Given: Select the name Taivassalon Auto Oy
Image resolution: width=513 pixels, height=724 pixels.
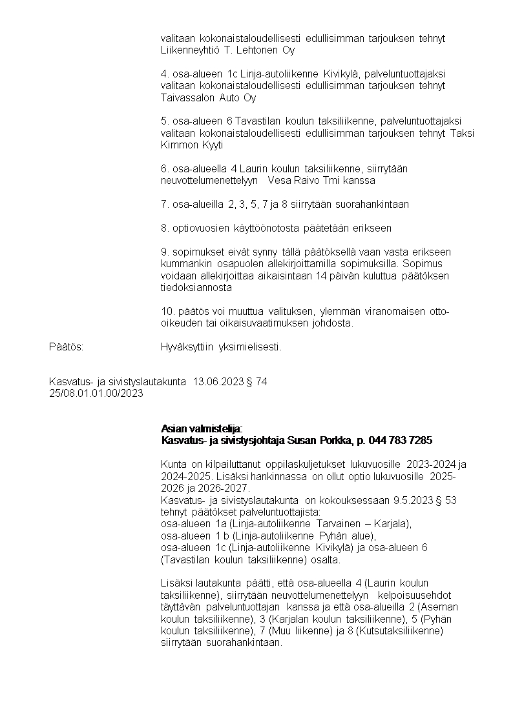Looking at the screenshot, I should point(208,98).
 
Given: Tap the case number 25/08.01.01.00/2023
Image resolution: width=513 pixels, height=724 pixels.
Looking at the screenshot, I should point(96,392).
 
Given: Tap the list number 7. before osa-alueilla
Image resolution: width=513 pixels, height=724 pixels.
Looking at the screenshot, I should point(165,205).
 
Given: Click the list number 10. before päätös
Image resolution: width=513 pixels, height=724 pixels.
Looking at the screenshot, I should point(167,312).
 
